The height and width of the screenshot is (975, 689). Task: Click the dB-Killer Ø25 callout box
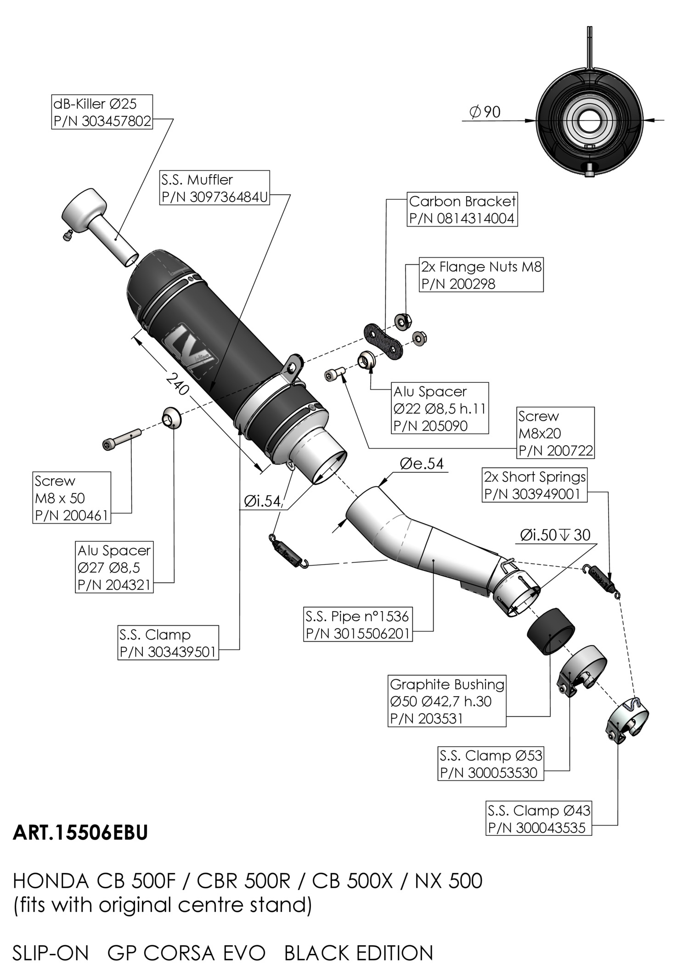pos(102,112)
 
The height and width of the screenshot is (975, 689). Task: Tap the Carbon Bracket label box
pos(462,210)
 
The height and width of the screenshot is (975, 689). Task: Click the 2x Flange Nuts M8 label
pos(481,275)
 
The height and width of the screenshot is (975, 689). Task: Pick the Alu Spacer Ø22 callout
pos(440,408)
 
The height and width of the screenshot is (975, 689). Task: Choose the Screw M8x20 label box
pos(555,433)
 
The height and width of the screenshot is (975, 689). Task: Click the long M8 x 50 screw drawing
pos(121,438)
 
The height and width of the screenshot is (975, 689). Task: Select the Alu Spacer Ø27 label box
pos(114,567)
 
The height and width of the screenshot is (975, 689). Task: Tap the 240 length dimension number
pos(176,384)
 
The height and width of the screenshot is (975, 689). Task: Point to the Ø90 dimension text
pos(485,112)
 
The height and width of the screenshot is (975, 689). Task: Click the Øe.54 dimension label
pos(422,464)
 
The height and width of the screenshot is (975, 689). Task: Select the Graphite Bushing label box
pos(446,701)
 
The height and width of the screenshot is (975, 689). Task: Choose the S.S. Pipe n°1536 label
pos(357,624)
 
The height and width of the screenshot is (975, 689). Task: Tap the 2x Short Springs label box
pos(534,485)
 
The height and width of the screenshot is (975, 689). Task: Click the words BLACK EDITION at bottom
pos(359,953)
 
